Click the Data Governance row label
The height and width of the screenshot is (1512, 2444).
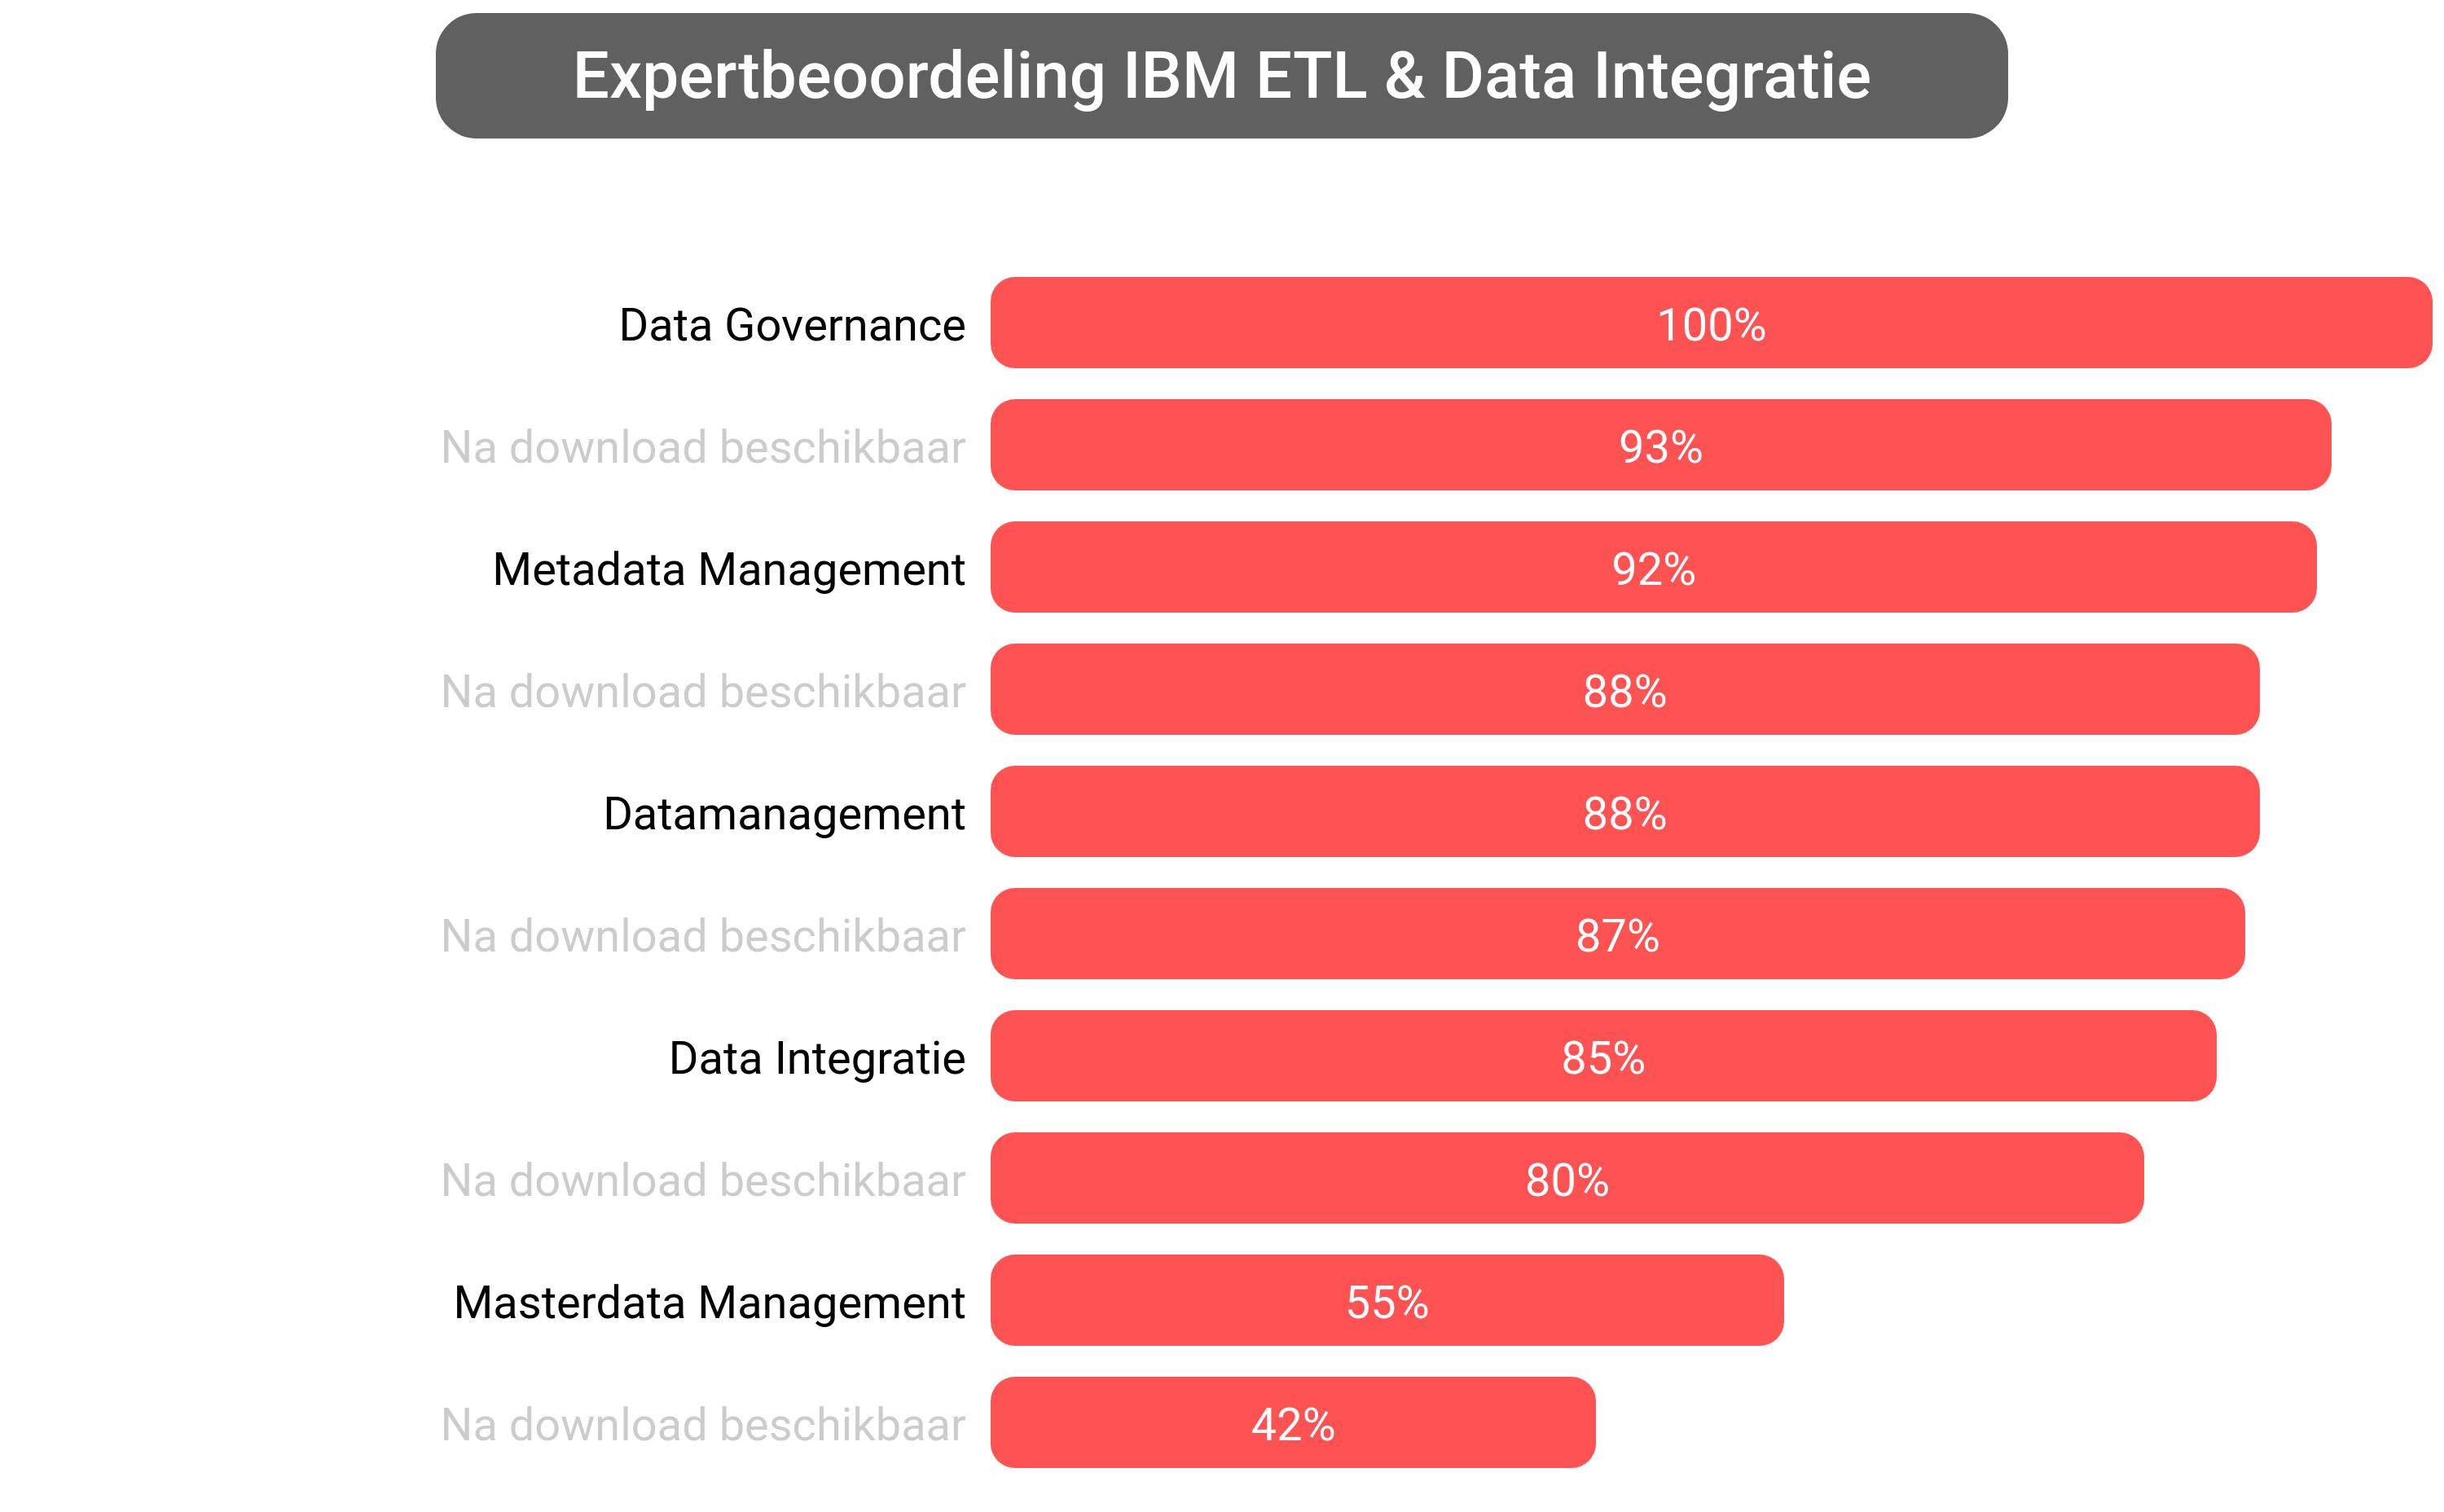(x=791, y=325)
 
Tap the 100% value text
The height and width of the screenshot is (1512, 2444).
(x=1710, y=325)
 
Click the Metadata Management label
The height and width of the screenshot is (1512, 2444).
(x=728, y=569)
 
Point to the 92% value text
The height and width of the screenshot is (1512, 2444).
(x=1653, y=569)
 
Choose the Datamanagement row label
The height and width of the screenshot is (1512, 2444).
(x=784, y=813)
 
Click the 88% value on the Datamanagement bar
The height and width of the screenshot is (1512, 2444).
(x=1624, y=813)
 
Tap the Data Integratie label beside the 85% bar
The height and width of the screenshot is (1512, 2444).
(x=817, y=1058)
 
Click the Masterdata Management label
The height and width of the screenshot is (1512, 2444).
(x=709, y=1302)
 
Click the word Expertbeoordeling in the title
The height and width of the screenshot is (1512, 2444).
(x=838, y=77)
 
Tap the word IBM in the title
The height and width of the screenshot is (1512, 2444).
(x=1180, y=77)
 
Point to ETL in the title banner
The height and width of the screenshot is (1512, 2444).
(x=1311, y=77)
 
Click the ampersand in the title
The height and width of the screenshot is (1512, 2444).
(x=1404, y=77)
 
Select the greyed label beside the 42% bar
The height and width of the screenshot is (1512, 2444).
(x=703, y=1424)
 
